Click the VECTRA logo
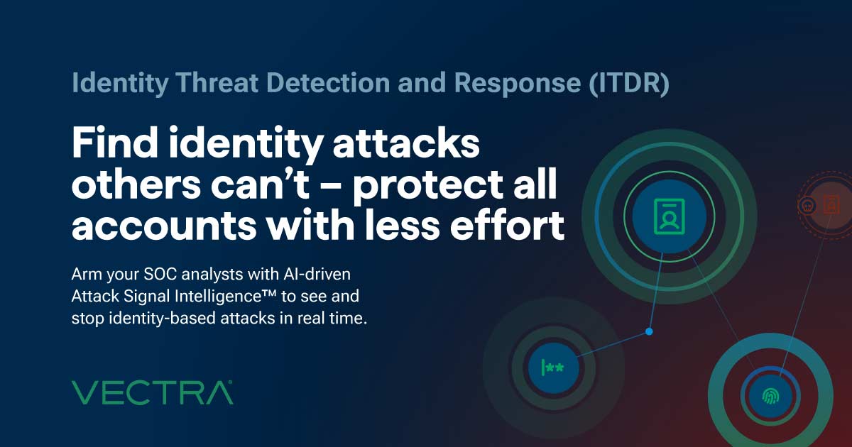coord(153,392)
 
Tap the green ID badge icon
coord(665,215)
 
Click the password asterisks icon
coord(553,368)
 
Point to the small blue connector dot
coord(649,331)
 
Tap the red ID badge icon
coord(830,206)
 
